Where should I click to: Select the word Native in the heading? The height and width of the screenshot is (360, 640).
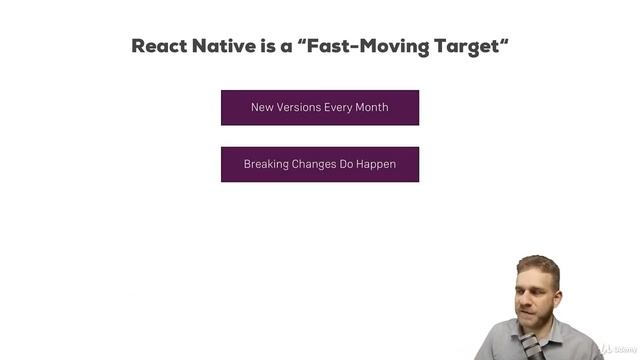[x=231, y=46]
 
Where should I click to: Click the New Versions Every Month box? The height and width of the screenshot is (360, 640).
[x=320, y=107]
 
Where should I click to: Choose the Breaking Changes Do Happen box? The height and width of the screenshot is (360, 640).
[x=320, y=164]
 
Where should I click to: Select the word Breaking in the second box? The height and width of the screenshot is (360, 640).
[x=265, y=164]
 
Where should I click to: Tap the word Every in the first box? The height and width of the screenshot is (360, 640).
[x=338, y=107]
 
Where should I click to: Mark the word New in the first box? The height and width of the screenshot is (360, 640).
[x=261, y=107]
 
